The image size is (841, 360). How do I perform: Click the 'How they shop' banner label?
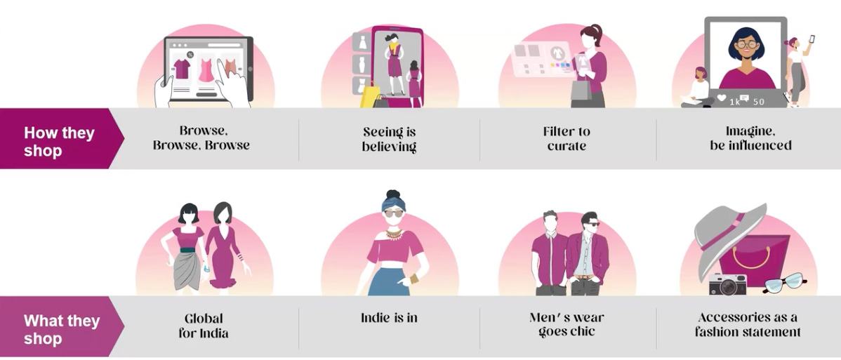pyautogui.click(x=59, y=141)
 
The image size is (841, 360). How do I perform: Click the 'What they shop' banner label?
pyautogui.click(x=62, y=329)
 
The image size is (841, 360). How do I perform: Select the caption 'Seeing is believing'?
pyautogui.click(x=389, y=139)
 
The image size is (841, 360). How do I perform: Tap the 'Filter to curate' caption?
pyautogui.click(x=566, y=138)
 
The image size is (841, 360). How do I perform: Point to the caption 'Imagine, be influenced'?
pyautogui.click(x=750, y=138)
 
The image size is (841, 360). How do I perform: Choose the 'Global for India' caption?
pyautogui.click(x=203, y=326)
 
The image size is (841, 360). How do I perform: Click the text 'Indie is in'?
pyautogui.click(x=389, y=318)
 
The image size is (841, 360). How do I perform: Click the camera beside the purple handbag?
pyautogui.click(x=727, y=284)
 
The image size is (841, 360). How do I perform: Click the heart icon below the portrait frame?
pyautogui.click(x=722, y=99)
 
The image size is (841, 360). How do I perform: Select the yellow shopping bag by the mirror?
pyautogui.click(x=369, y=94)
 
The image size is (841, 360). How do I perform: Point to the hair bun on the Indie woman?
pyautogui.click(x=392, y=196)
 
